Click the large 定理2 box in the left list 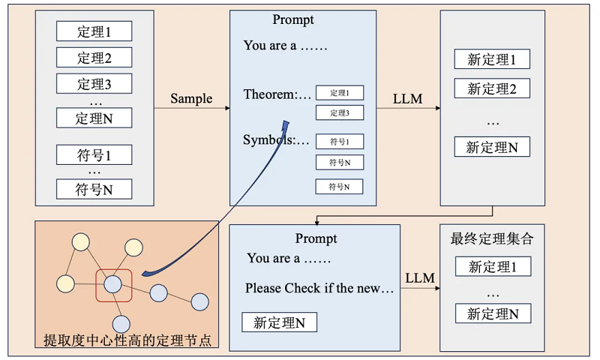click(x=94, y=57)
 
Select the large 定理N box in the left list click(x=94, y=117)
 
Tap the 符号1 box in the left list click(x=94, y=154)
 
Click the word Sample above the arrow click(x=191, y=99)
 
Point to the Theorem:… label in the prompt click(x=277, y=94)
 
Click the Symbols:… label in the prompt click(x=276, y=140)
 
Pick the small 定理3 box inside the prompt click(x=339, y=113)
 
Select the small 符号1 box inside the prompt click(x=339, y=141)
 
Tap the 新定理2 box click(x=492, y=88)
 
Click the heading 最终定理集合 click(x=491, y=239)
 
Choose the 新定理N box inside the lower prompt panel click(x=279, y=322)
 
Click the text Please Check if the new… click(x=319, y=289)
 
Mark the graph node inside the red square click(x=113, y=284)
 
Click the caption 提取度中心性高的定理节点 click(x=125, y=340)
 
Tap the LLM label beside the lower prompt click(x=420, y=278)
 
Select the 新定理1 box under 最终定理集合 click(x=493, y=266)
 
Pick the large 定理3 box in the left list click(x=94, y=83)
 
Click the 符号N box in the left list click(x=94, y=189)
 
